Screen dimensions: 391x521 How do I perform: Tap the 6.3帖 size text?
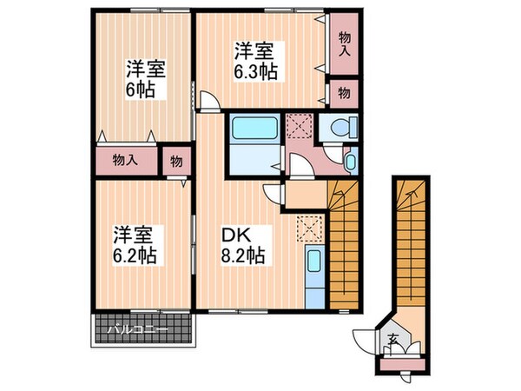[x=256, y=72]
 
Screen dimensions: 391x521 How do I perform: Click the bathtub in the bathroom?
[x=254, y=131]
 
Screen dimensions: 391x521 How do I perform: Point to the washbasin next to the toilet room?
[x=349, y=160]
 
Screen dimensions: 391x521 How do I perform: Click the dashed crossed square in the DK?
[x=307, y=229]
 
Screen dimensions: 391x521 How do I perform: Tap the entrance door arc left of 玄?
[x=363, y=339]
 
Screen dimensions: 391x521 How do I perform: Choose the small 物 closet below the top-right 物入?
[x=344, y=92]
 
